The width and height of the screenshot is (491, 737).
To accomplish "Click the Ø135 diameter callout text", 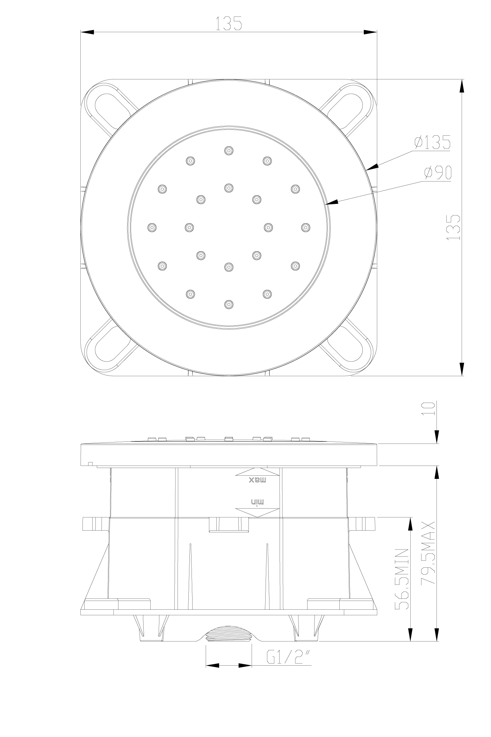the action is (432, 142).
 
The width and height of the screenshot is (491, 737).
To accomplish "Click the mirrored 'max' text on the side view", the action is (258, 480).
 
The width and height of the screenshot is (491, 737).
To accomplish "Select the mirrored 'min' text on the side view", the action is (258, 502).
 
